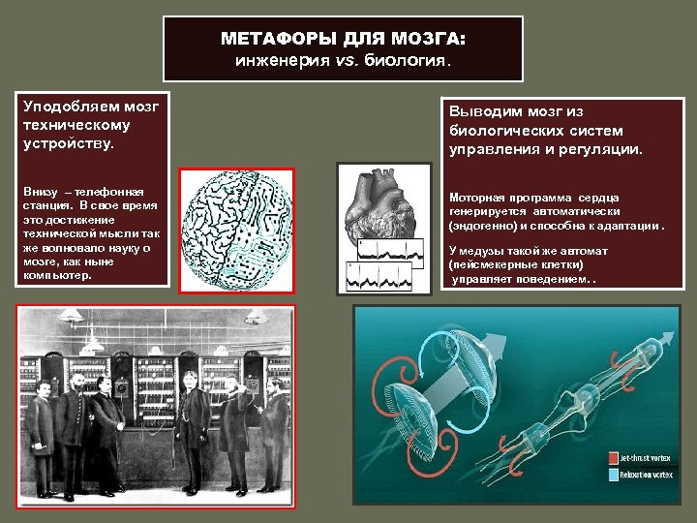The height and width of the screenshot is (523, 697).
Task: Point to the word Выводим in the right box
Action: (480, 111)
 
